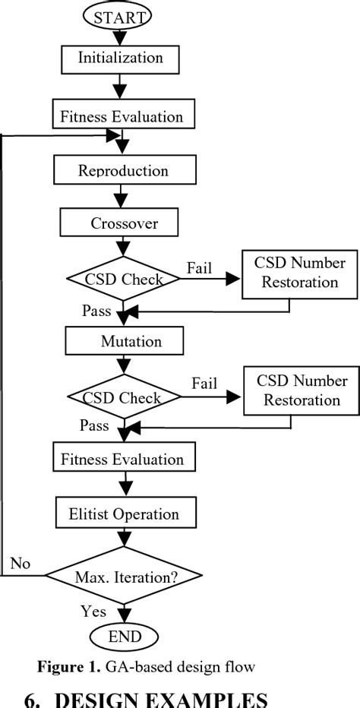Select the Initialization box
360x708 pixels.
point(121,57)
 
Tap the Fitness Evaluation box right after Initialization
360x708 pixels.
point(122,117)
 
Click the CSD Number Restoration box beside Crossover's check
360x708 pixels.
point(301,273)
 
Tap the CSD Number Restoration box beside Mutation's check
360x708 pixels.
point(301,390)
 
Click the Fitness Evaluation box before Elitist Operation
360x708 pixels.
point(122,460)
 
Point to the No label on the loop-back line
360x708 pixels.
point(21,564)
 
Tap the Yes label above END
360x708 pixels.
point(93,611)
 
